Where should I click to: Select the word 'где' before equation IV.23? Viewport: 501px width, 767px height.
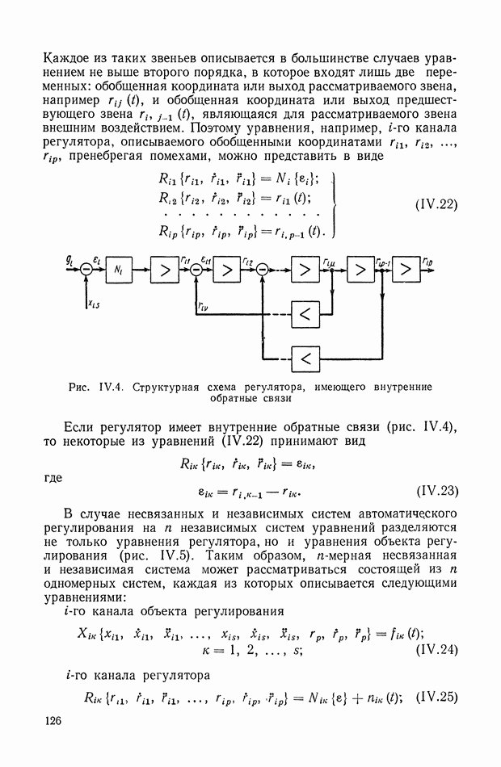(52, 477)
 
